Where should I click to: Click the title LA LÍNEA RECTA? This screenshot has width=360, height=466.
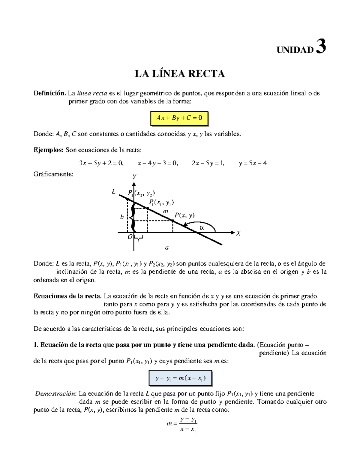point(179,74)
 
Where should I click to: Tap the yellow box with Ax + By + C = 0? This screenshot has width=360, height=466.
point(179,118)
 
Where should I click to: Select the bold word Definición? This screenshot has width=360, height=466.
point(49,93)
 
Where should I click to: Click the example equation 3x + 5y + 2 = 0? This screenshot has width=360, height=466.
point(101,163)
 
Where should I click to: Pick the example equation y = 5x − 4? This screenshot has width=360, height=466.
point(253,163)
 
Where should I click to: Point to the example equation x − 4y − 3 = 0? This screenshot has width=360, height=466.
point(157,163)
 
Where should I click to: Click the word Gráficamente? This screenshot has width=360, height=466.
point(53,174)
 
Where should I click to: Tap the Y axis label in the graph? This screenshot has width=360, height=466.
point(134,177)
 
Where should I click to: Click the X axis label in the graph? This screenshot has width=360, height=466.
point(238,233)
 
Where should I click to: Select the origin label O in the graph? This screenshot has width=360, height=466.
point(130,237)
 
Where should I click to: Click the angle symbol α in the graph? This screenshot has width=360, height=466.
point(202,228)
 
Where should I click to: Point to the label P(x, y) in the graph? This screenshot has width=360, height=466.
point(184,215)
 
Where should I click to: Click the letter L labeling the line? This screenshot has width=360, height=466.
point(114,191)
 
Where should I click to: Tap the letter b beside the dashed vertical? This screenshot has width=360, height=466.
point(122,217)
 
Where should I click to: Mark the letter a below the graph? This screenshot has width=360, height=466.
point(167,248)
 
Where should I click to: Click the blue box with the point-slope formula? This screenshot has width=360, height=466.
point(180,378)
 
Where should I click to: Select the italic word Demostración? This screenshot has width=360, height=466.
point(56,394)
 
